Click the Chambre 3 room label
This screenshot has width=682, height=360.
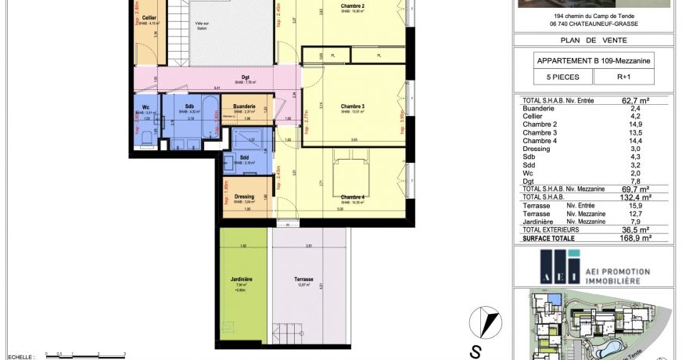(x=353, y=106)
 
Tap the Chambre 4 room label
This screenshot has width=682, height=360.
(x=353, y=196)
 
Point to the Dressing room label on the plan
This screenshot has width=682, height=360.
(x=244, y=196)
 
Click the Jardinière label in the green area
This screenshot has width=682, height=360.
(x=241, y=279)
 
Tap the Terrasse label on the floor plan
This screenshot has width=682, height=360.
(x=303, y=279)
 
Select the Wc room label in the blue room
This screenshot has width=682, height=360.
(x=145, y=107)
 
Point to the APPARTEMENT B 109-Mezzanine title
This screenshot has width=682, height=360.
(x=594, y=59)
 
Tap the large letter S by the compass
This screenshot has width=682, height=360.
(x=475, y=349)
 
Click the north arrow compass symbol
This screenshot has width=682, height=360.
(x=484, y=322)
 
